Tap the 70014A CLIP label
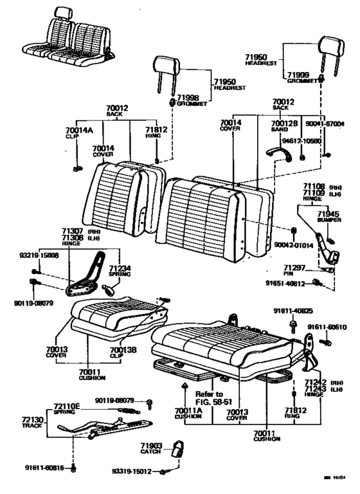(x=79, y=133)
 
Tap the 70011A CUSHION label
(x=187, y=414)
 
